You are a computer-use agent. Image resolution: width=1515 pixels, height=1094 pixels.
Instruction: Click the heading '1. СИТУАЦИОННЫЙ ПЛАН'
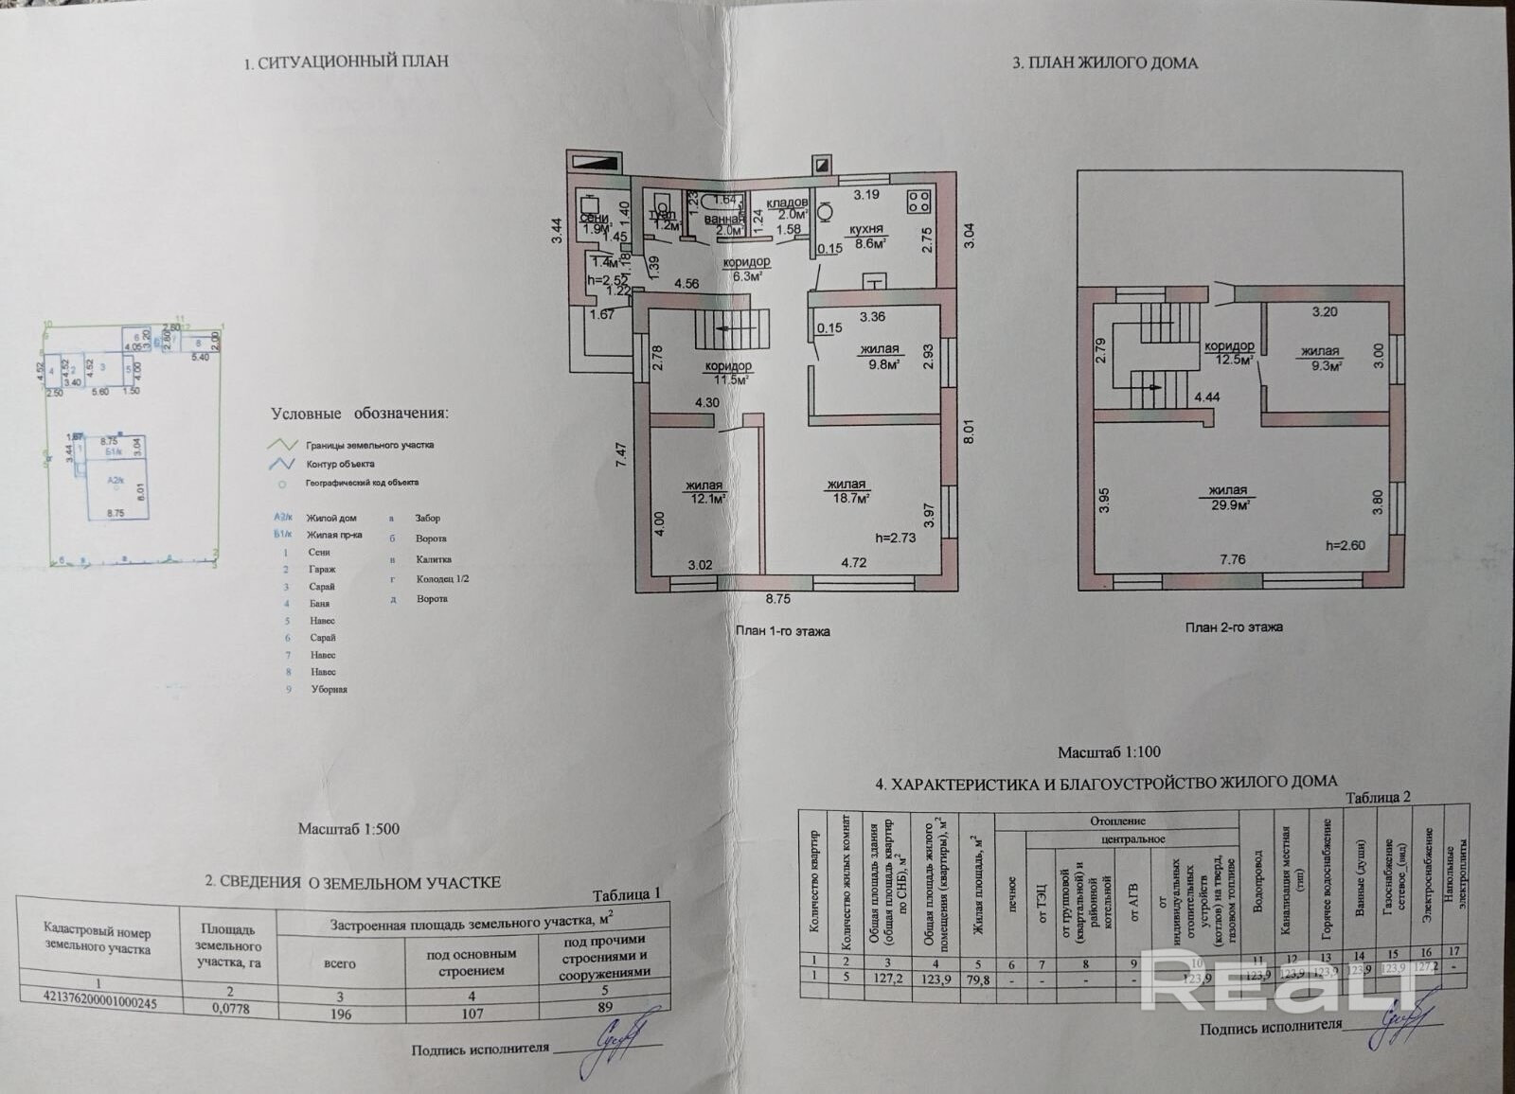click(x=346, y=62)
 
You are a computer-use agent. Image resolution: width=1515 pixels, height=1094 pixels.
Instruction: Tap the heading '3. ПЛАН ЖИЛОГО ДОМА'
click(x=1105, y=63)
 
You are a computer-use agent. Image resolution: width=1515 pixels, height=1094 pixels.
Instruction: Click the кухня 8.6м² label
click(x=866, y=236)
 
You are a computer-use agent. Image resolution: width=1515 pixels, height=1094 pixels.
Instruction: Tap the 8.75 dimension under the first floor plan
click(x=777, y=599)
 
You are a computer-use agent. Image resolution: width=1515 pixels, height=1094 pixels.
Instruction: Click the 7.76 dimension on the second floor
click(x=1232, y=559)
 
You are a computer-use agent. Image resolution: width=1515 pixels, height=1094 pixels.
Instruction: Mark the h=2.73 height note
click(x=895, y=538)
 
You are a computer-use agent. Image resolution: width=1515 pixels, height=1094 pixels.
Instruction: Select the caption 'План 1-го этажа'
click(x=782, y=631)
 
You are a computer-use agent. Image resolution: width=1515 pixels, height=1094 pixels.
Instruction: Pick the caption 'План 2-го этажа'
click(x=1234, y=626)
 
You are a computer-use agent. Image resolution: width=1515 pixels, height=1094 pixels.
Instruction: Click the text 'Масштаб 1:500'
click(x=348, y=829)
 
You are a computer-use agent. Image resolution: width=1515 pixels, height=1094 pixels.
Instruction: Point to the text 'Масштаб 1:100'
click(x=1109, y=752)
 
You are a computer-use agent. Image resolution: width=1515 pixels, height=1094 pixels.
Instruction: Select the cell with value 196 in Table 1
click(x=339, y=1014)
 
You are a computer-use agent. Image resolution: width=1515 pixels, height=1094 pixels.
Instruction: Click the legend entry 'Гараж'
click(x=322, y=569)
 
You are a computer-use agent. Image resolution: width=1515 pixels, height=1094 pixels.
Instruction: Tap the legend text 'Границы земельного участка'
click(x=369, y=445)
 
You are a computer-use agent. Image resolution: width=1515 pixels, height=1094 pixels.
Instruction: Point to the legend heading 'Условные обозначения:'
click(x=360, y=414)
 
